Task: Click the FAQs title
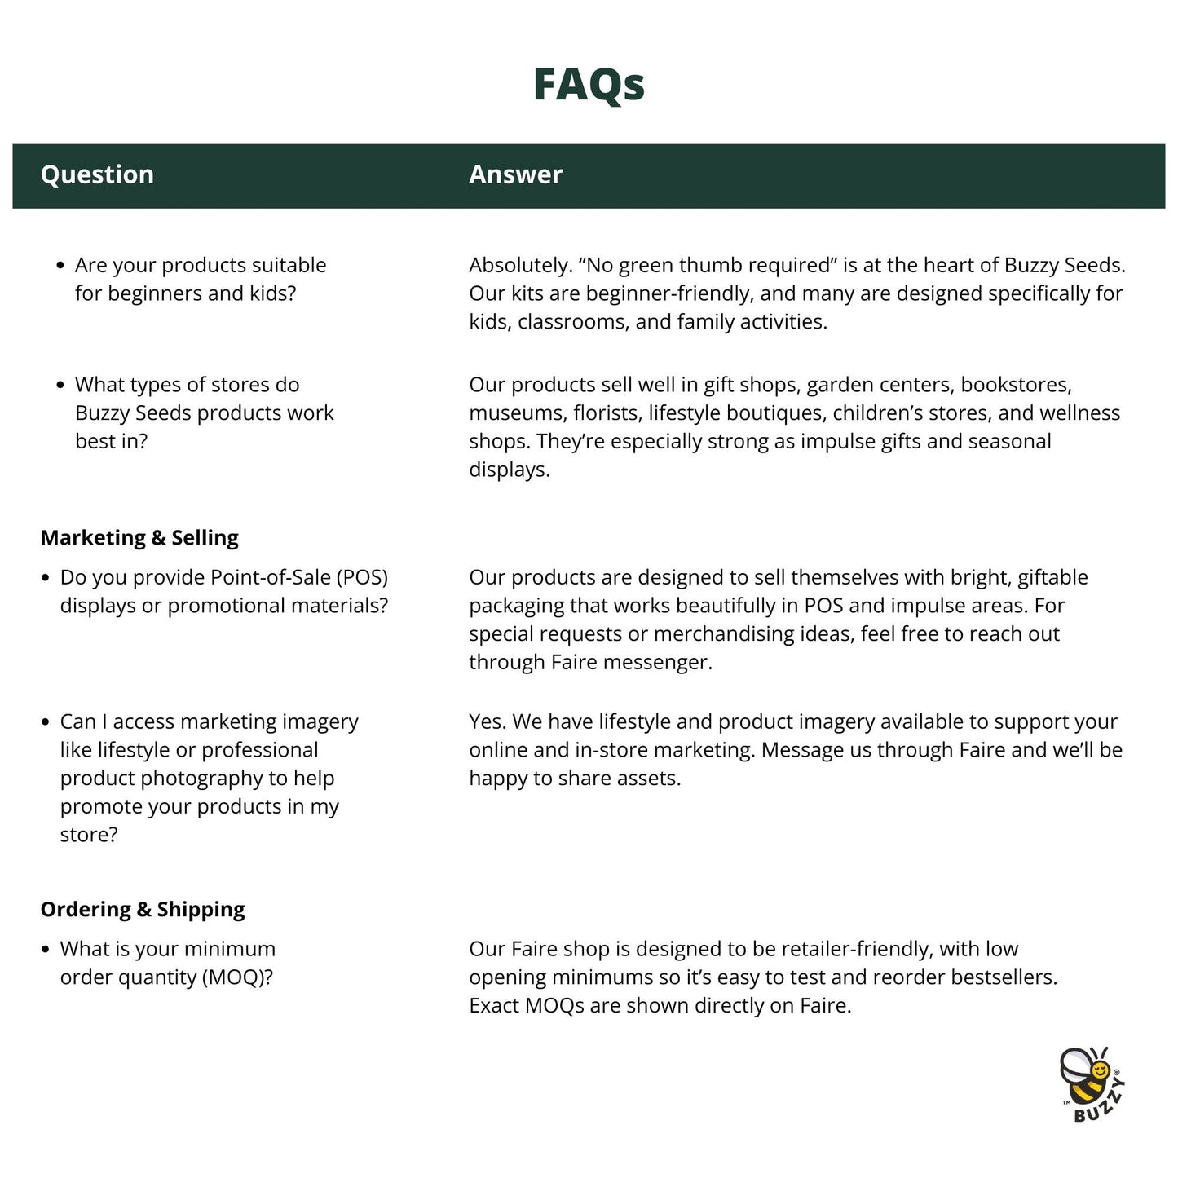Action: (x=589, y=84)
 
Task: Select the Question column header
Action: (x=97, y=174)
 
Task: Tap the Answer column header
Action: (x=515, y=174)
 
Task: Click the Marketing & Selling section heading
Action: (x=139, y=538)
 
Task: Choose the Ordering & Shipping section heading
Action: (x=143, y=910)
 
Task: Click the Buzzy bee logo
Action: (x=1092, y=1084)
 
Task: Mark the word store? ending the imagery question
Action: (x=89, y=835)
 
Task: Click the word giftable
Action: (x=1052, y=578)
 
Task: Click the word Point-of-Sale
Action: (x=271, y=578)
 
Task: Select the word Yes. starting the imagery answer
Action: (x=487, y=722)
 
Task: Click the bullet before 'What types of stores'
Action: (x=60, y=386)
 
